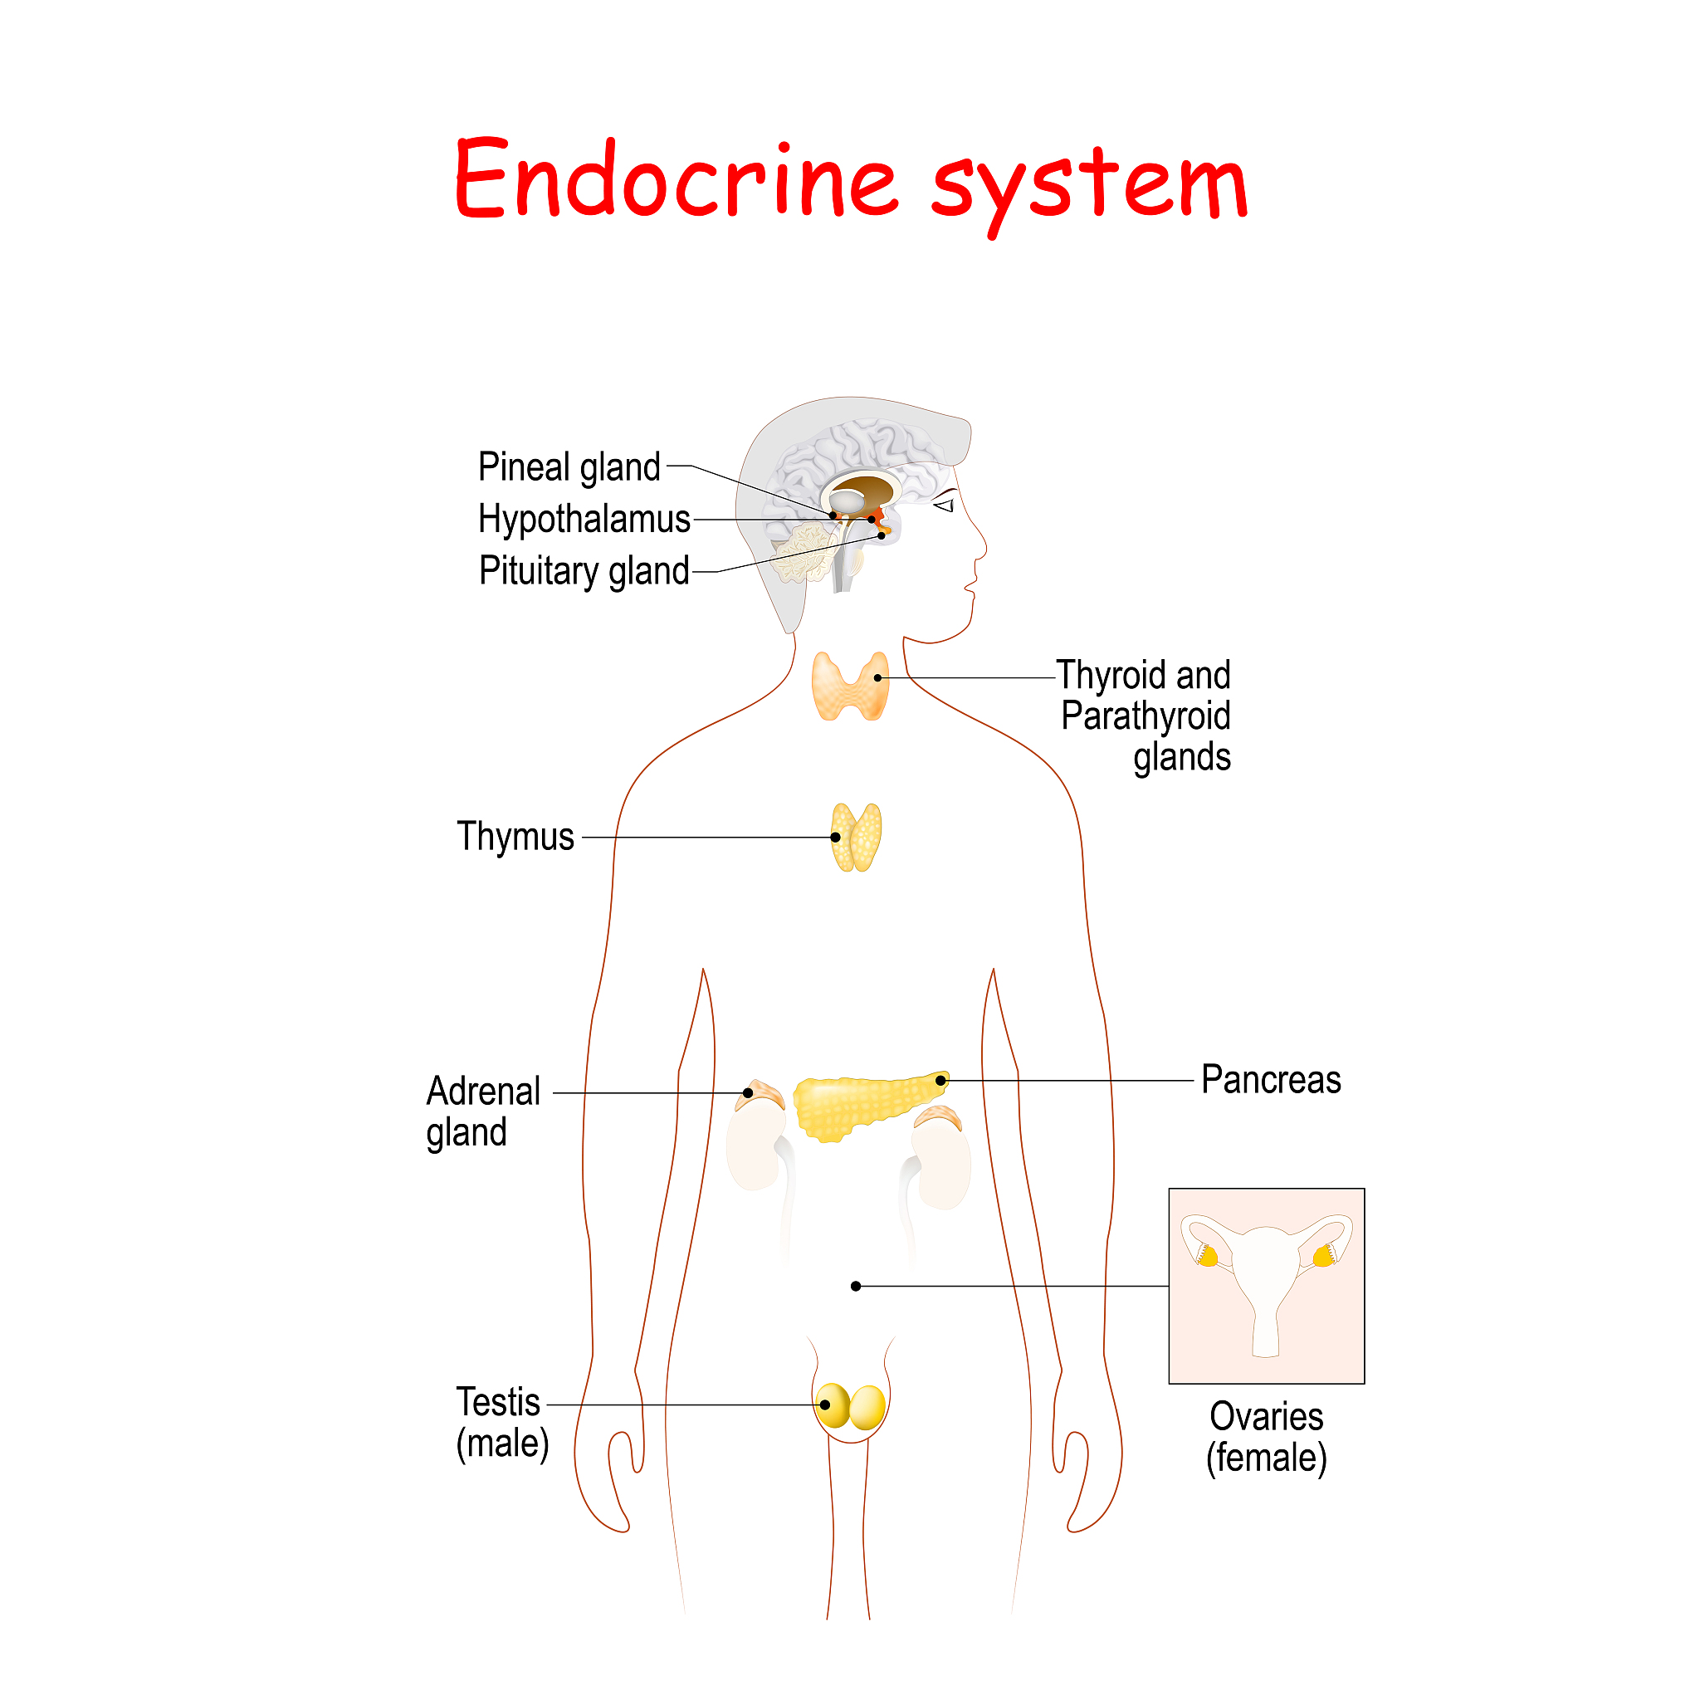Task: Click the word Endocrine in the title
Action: [x=676, y=178]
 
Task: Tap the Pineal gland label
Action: [x=569, y=467]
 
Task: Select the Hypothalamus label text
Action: [x=584, y=519]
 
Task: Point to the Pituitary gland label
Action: [x=584, y=571]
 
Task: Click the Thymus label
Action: [x=515, y=837]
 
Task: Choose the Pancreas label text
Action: [x=1271, y=1080]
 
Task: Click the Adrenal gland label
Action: [x=483, y=1111]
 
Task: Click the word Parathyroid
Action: [x=1146, y=716]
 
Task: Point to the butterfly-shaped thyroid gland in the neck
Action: [x=850, y=686]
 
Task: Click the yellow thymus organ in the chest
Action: [x=856, y=838]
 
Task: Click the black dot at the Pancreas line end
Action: [x=940, y=1081]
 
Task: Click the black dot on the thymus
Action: [x=835, y=838]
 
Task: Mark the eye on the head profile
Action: [x=945, y=505]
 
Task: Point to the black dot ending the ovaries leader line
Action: [x=855, y=1287]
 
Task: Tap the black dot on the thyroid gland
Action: [x=877, y=678]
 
